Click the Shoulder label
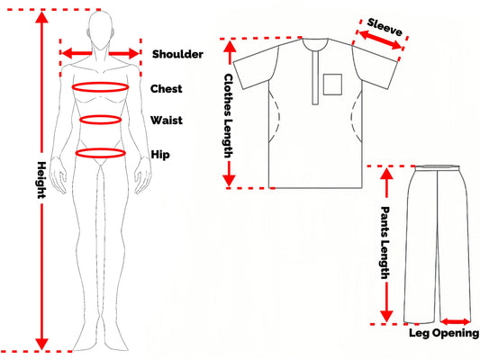point(177,54)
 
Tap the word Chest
point(167,89)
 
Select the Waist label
point(167,121)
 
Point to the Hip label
point(160,155)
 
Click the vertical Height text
point(41,180)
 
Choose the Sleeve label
point(385,27)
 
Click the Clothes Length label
point(229,115)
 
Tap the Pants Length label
point(385,243)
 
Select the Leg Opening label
point(444,333)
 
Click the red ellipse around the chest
point(100,83)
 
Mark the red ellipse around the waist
point(100,115)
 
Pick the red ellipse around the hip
point(100,149)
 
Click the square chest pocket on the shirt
point(332,85)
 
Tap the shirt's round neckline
point(315,50)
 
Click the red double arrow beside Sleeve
point(380,40)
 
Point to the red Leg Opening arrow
point(455,321)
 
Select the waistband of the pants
point(437,167)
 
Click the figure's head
point(100,31)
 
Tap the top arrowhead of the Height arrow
point(41,17)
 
